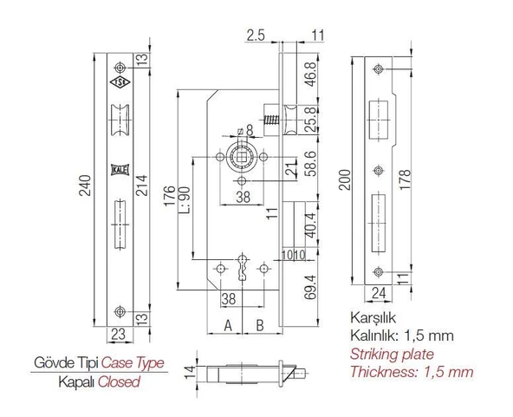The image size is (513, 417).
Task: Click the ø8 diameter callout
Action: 245,131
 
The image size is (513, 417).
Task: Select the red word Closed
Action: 118,381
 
